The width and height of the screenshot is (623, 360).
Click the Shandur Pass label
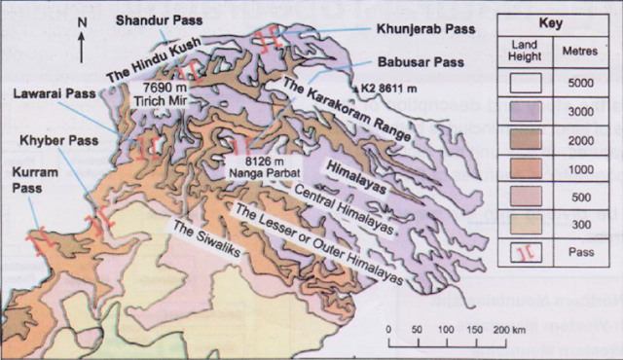coord(153,19)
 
